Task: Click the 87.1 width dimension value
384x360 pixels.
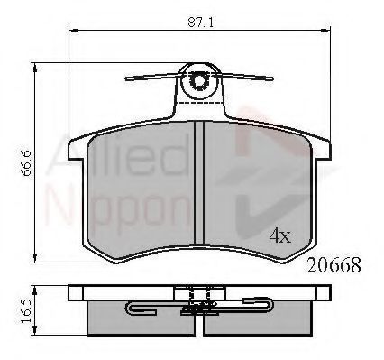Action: click(201, 22)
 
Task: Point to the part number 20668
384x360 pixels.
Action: click(334, 265)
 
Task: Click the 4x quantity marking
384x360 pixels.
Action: click(280, 235)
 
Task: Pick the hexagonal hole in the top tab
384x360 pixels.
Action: click(198, 80)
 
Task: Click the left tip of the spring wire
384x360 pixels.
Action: click(126, 79)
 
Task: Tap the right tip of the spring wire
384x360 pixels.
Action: click(272, 79)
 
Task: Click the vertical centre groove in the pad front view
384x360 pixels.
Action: click(199, 182)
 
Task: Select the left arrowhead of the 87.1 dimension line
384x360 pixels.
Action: click(74, 30)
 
